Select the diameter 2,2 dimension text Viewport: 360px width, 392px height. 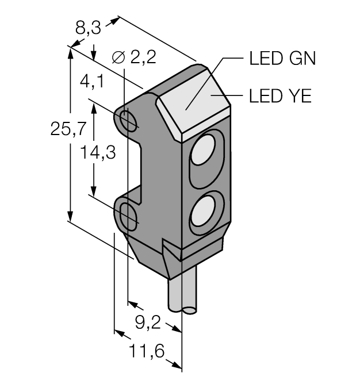pyautogui.click(x=135, y=57)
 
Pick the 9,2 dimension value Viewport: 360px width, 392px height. pyautogui.click(x=148, y=323)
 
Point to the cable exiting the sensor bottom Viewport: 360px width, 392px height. pyautogui.click(x=182, y=296)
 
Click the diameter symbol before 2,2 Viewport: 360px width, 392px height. pyautogui.click(x=117, y=57)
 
